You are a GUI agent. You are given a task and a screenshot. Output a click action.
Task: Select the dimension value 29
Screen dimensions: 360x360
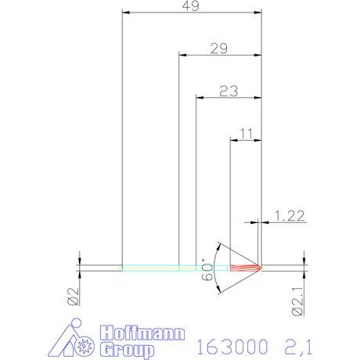pyautogui.click(x=219, y=49)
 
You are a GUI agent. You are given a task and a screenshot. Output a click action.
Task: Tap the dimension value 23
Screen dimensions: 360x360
pyautogui.click(x=228, y=91)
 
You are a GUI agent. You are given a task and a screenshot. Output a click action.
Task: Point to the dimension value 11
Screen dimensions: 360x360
pyautogui.click(x=245, y=134)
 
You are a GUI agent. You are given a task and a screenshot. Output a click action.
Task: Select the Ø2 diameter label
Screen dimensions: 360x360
pyautogui.click(x=71, y=297)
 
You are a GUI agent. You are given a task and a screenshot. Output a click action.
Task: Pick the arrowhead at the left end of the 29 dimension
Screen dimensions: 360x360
pyautogui.click(x=182, y=55)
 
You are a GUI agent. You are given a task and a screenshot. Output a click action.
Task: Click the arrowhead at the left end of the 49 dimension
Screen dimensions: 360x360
pyautogui.click(x=126, y=13)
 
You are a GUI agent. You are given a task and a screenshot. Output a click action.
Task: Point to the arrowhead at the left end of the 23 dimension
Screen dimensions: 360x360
pyautogui.click(x=199, y=97)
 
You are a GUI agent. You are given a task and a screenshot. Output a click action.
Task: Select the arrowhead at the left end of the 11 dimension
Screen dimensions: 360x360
pyautogui.click(x=232, y=140)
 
